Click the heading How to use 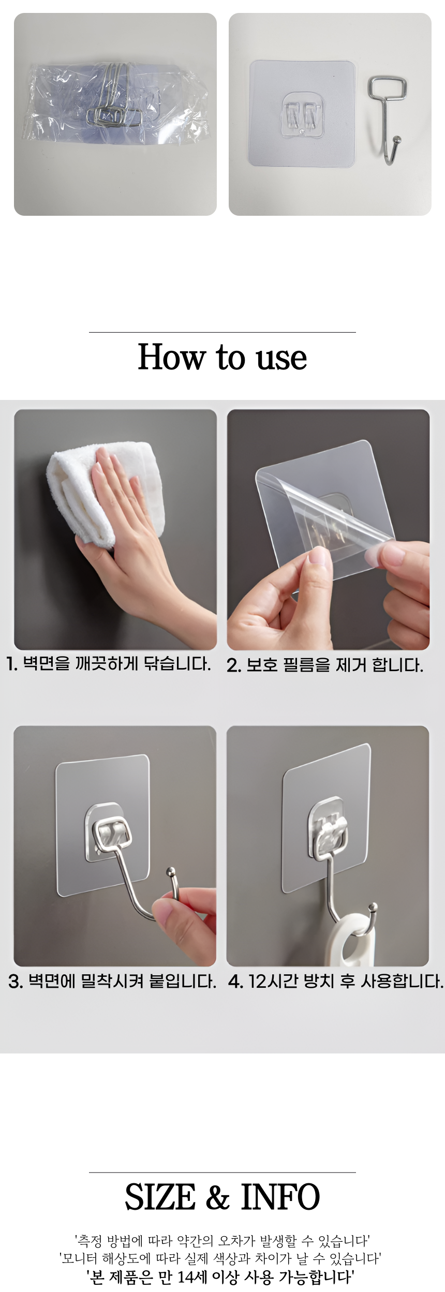tap(222, 357)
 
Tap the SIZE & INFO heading tap(222, 1197)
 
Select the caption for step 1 tap(108, 664)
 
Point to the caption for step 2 tap(325, 665)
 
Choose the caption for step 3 tap(112, 981)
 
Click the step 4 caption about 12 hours tap(336, 981)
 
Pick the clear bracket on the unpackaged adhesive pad tap(302, 115)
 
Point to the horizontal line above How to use tap(222, 332)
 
